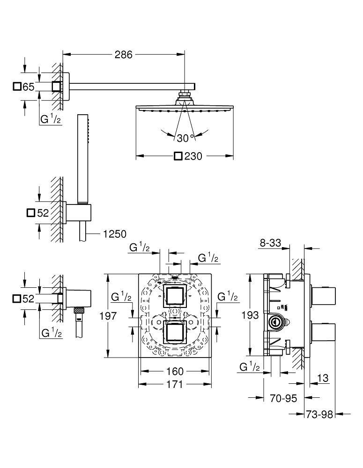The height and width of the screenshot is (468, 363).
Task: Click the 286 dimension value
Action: [x=124, y=55]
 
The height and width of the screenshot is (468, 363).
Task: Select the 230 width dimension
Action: [x=193, y=156]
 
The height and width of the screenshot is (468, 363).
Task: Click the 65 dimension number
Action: [x=29, y=87]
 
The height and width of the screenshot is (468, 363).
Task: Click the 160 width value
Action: [x=175, y=372]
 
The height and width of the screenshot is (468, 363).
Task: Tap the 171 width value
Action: [x=175, y=384]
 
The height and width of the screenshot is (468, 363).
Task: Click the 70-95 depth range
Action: [x=284, y=398]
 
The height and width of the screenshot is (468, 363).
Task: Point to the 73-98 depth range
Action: [x=319, y=414]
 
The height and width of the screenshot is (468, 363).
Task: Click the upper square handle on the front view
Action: [x=174, y=295]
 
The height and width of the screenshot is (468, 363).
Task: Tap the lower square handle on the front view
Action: [x=174, y=332]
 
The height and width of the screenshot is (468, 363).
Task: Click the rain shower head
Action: [x=185, y=109]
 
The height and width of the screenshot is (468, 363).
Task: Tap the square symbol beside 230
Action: [x=178, y=156]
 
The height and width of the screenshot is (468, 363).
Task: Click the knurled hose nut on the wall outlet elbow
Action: [x=80, y=310]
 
